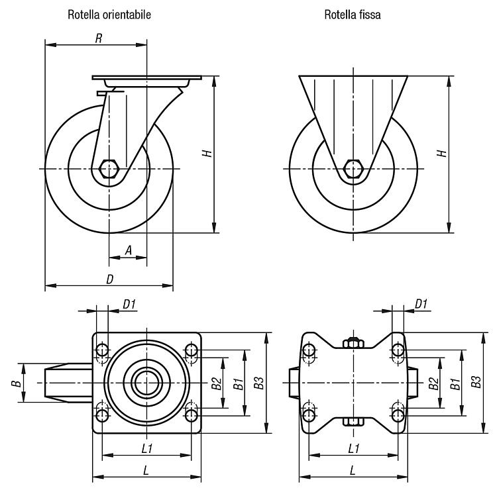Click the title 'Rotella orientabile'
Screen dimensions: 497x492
point(109,15)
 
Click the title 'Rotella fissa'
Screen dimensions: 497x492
point(352,15)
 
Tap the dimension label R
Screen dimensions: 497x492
point(99,38)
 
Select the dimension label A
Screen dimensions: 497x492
point(128,250)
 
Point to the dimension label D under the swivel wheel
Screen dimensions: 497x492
point(109,279)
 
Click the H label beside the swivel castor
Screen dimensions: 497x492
point(207,154)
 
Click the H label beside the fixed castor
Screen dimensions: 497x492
point(442,154)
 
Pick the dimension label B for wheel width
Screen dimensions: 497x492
point(16,383)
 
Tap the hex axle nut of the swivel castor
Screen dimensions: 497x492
point(109,169)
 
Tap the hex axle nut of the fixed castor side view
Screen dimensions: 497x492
point(353,169)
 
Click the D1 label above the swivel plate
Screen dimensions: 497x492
point(129,305)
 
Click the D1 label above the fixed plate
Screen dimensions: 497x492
point(421,305)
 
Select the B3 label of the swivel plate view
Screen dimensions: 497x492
point(258,383)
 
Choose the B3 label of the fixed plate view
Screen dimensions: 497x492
point(476,382)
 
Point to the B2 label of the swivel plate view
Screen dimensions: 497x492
point(217,383)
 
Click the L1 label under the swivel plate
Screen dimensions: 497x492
point(147,448)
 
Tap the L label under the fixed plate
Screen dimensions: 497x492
point(353,470)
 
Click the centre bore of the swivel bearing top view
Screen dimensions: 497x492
point(147,383)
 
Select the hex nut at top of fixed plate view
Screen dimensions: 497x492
point(353,343)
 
